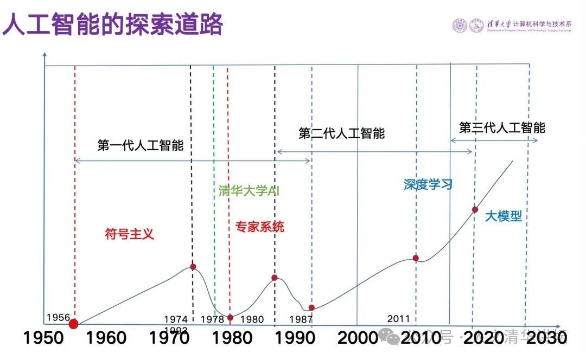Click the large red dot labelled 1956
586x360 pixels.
74,324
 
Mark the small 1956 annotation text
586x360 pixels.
58,317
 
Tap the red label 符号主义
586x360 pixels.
130,234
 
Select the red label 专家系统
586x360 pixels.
259,227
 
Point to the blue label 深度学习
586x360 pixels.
428,184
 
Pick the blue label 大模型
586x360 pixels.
503,216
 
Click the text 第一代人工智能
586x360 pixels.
141,146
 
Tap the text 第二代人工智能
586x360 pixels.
341,133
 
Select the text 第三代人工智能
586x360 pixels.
502,128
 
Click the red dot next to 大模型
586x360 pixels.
475,209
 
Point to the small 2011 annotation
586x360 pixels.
399,319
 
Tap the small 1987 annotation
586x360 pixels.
301,319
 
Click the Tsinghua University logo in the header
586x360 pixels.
460,25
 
